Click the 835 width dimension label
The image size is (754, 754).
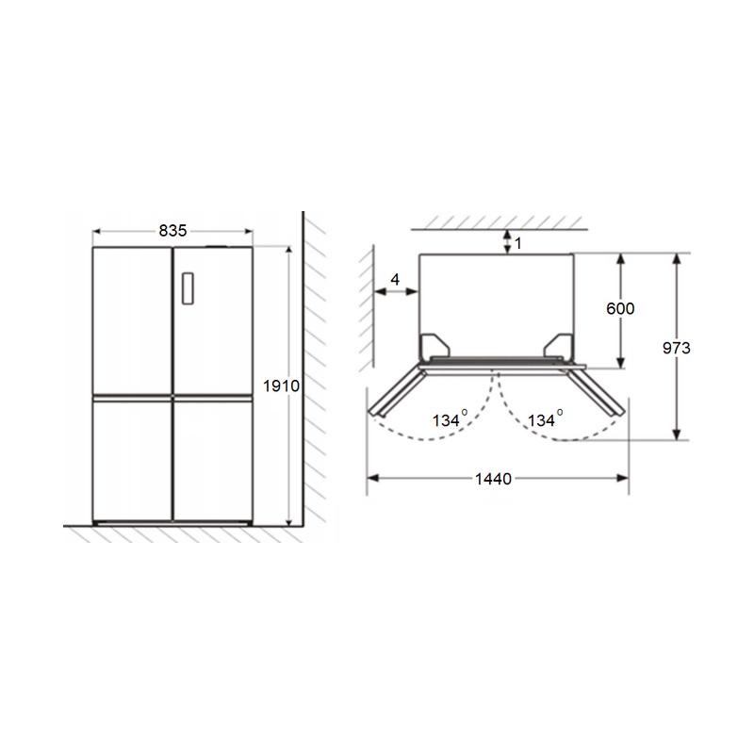tap(172, 231)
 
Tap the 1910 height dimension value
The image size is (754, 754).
tap(281, 385)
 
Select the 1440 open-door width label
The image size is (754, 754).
tap(493, 479)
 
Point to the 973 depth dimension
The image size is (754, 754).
tap(676, 348)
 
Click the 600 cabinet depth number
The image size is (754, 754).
tap(620, 308)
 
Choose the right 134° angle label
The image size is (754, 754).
tap(546, 418)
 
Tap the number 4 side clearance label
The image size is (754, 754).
tap(395, 279)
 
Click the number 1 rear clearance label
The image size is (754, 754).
tap(517, 243)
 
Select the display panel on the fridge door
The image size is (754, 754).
tap(188, 288)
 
